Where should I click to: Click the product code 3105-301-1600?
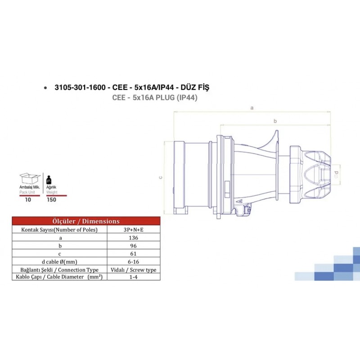click(80, 87)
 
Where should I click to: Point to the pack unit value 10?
click(28, 200)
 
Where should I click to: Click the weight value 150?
click(52, 200)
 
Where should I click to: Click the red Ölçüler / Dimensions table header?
click(86, 221)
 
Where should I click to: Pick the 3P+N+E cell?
click(134, 229)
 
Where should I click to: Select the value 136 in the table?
click(134, 237)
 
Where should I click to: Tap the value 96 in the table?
click(134, 245)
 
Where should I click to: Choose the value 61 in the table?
click(134, 253)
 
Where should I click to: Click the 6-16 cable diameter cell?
click(134, 261)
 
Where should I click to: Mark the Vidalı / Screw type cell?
click(134, 270)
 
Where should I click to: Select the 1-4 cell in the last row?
click(134, 277)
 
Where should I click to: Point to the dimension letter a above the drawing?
click(252, 108)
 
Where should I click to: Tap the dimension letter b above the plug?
click(274, 121)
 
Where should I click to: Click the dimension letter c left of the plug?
click(160, 177)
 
